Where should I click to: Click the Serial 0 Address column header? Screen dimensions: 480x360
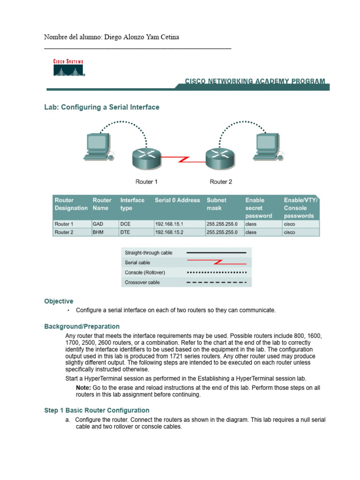click(177, 200)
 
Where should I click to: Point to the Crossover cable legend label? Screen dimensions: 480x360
click(142, 282)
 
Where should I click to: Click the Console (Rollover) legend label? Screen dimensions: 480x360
click(144, 272)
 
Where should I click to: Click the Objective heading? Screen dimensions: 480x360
click(59, 301)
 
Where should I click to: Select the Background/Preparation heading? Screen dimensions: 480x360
click(82, 326)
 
